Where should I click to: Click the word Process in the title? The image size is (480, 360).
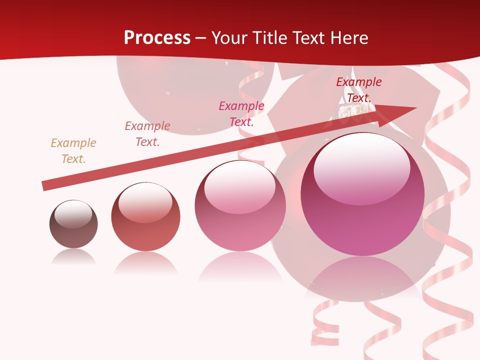(x=157, y=38)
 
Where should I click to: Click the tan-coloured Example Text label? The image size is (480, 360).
(x=73, y=151)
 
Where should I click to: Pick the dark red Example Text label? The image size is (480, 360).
(x=358, y=90)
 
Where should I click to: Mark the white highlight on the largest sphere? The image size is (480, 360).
(x=361, y=167)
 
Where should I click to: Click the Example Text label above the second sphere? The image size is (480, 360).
(x=147, y=134)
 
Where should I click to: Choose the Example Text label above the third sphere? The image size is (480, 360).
(x=241, y=114)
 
